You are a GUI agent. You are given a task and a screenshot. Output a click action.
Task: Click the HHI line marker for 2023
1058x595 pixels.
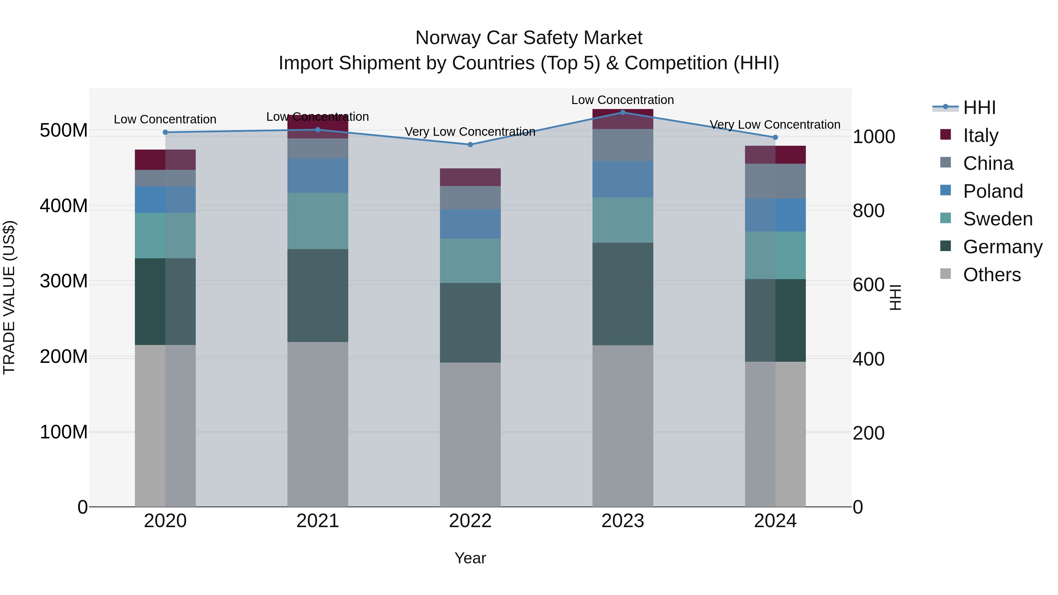(x=623, y=112)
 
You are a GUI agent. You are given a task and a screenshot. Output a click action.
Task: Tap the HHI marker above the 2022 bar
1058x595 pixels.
(x=470, y=145)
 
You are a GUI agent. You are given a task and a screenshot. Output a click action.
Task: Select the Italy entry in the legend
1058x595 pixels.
(x=980, y=135)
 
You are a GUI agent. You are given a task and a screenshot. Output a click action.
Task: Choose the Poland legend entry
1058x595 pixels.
(x=993, y=191)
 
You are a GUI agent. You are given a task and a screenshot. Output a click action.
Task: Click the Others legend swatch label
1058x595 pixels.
(x=992, y=275)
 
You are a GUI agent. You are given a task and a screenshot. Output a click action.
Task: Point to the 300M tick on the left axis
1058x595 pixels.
(x=64, y=281)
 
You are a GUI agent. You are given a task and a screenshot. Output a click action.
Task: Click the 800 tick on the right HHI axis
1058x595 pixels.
(x=868, y=211)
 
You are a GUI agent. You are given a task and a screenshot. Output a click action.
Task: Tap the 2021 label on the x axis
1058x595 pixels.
(x=317, y=521)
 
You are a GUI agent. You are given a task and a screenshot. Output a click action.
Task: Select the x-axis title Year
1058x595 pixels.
(x=470, y=558)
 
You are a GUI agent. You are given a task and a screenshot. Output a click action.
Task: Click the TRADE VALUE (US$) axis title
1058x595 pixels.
(x=9, y=297)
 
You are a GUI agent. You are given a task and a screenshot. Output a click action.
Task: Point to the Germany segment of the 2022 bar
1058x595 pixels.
(x=470, y=322)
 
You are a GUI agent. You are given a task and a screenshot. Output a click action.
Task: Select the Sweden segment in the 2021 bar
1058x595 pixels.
(x=317, y=221)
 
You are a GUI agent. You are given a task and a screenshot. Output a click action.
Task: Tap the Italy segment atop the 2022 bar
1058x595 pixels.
(x=470, y=177)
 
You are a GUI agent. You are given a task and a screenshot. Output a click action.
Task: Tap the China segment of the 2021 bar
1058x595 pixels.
(x=317, y=148)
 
